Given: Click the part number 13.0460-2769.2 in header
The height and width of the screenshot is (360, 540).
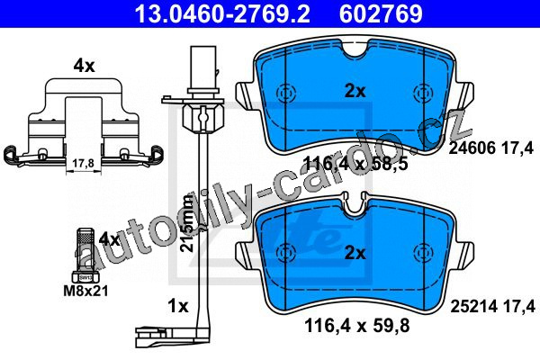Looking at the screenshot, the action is click(x=222, y=13).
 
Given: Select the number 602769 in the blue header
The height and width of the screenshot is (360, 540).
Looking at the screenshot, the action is click(x=381, y=13).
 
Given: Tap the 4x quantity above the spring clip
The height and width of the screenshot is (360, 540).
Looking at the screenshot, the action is click(x=84, y=65).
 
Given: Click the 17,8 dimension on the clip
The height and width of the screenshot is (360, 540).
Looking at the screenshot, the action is click(x=83, y=163).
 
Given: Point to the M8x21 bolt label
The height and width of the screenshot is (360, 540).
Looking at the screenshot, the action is click(x=85, y=291).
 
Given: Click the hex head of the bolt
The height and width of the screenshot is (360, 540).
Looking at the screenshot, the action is click(x=85, y=277).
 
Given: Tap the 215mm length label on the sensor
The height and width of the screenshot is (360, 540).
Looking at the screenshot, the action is click(x=188, y=223).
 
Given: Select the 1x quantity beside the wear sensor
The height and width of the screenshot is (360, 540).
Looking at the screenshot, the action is click(x=177, y=306).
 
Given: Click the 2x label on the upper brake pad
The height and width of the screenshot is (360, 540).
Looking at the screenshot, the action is click(x=355, y=91).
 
